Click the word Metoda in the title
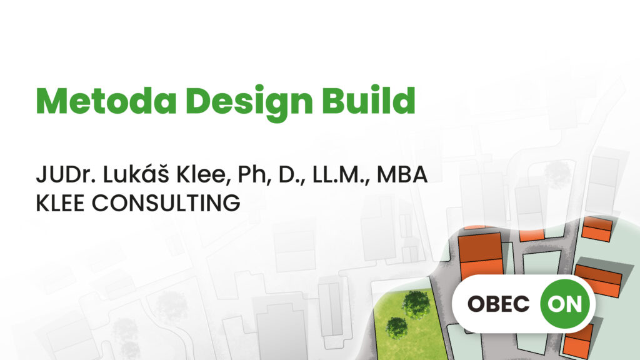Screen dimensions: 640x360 pos(106,101)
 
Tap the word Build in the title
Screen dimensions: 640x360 pos(369,100)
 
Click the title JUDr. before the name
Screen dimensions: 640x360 pos(66,175)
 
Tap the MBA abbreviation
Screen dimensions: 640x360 pos(402,175)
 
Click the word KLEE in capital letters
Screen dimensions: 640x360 pos(60,203)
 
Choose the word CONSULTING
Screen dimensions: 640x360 pos(166,203)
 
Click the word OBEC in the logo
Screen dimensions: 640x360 pos(498,304)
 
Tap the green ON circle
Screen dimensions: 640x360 pos(565,304)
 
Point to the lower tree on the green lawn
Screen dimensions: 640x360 pos(396,327)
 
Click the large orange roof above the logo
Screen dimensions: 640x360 pos(481,253)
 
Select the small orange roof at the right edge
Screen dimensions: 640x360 pos(597,229)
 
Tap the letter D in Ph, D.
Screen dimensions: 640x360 pos(286,175)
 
